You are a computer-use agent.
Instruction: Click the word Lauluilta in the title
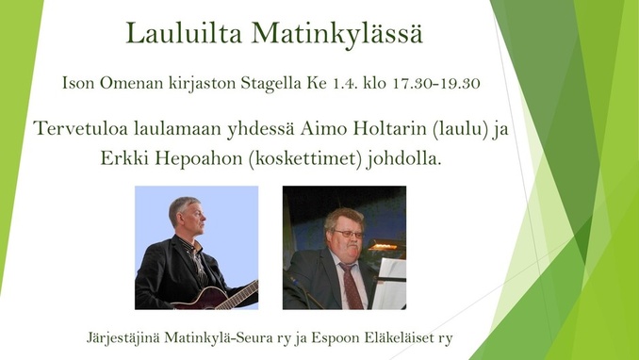pos(184,33)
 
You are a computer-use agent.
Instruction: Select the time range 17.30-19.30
pos(436,83)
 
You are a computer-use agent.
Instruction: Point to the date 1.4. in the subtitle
pos(342,83)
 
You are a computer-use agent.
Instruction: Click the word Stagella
pos(271,84)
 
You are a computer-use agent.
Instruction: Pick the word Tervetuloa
pos(81,128)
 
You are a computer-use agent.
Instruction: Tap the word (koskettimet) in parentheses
pos(305,159)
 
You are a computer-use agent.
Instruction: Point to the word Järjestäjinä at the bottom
pos(123,338)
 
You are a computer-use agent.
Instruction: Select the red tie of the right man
pos(352,286)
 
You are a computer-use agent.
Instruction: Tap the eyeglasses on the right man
pos(349,234)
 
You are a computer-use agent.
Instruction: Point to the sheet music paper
pos(390,284)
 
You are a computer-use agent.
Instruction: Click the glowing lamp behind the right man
pos(383,246)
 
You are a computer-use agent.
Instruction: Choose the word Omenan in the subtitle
pos(126,83)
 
